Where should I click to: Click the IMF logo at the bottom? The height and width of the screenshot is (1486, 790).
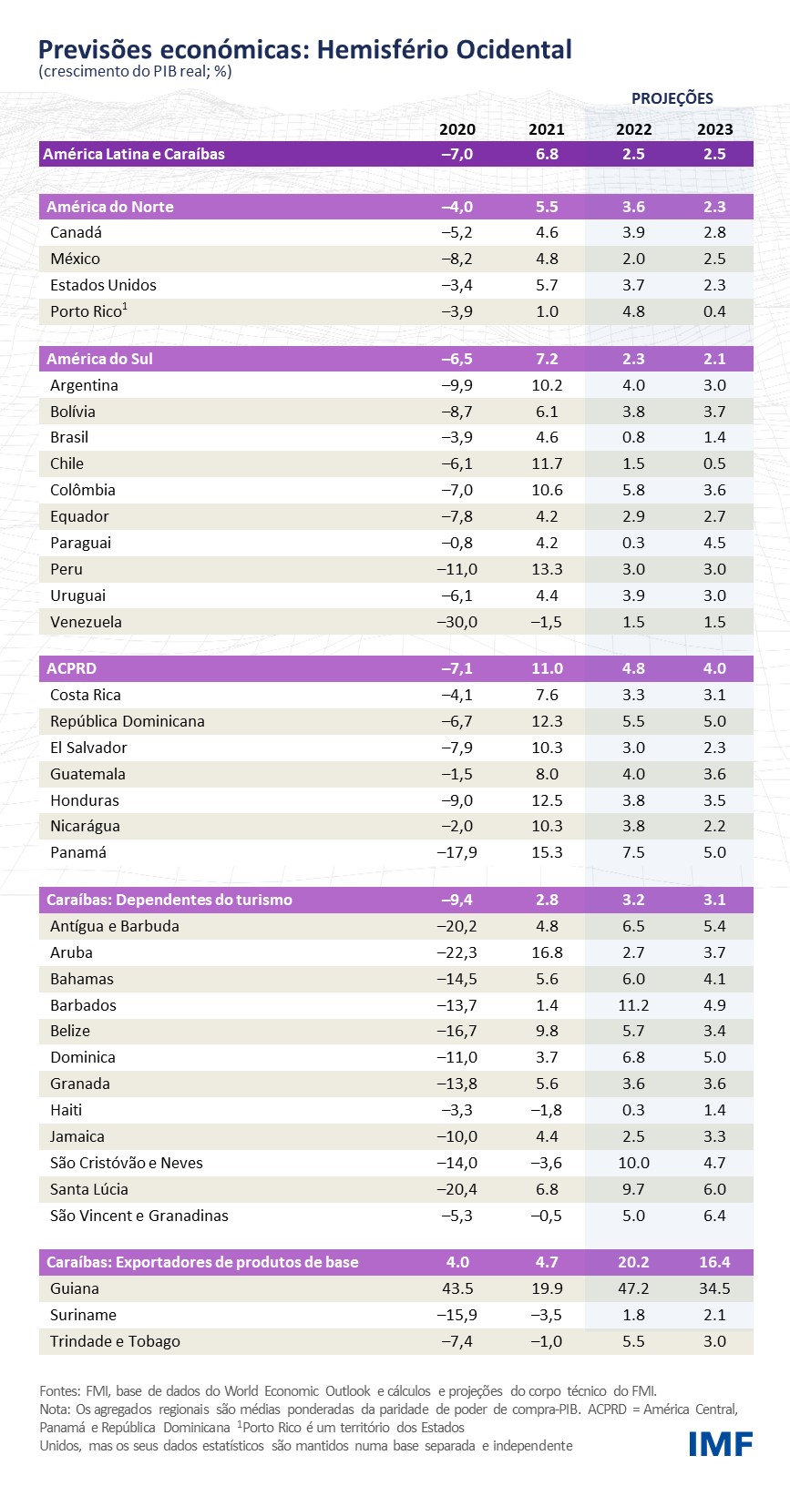pyautogui.click(x=720, y=1443)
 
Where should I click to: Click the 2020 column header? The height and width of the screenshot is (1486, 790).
pyautogui.click(x=457, y=129)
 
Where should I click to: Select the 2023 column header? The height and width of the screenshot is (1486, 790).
pyautogui.click(x=714, y=129)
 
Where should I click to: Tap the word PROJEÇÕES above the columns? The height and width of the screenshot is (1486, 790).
pyautogui.click(x=672, y=98)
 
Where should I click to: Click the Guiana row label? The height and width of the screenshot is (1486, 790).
pyautogui.click(x=75, y=1288)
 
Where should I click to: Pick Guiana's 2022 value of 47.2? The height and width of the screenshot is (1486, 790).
pyautogui.click(x=633, y=1288)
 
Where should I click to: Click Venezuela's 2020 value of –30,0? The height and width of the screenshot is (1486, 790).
pyautogui.click(x=457, y=622)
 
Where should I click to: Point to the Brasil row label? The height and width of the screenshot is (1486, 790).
pyautogui.click(x=69, y=437)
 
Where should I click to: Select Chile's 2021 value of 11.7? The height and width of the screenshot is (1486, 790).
pyautogui.click(x=547, y=463)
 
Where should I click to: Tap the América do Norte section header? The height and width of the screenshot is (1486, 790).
pyautogui.click(x=110, y=207)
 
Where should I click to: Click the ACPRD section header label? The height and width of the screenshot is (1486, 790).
pyautogui.click(x=71, y=668)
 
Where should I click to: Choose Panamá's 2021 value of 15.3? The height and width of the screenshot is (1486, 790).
pyautogui.click(x=547, y=852)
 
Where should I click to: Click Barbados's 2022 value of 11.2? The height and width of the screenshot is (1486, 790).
pyautogui.click(x=633, y=1005)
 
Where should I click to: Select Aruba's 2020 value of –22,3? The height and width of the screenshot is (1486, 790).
pyautogui.click(x=457, y=952)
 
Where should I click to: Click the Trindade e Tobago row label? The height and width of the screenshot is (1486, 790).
pyautogui.click(x=115, y=1341)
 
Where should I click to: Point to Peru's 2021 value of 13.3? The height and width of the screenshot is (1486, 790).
pyautogui.click(x=547, y=569)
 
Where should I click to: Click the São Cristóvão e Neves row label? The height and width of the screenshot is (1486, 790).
pyautogui.click(x=127, y=1163)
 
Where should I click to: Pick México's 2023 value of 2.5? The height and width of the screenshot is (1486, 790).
pyautogui.click(x=714, y=259)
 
